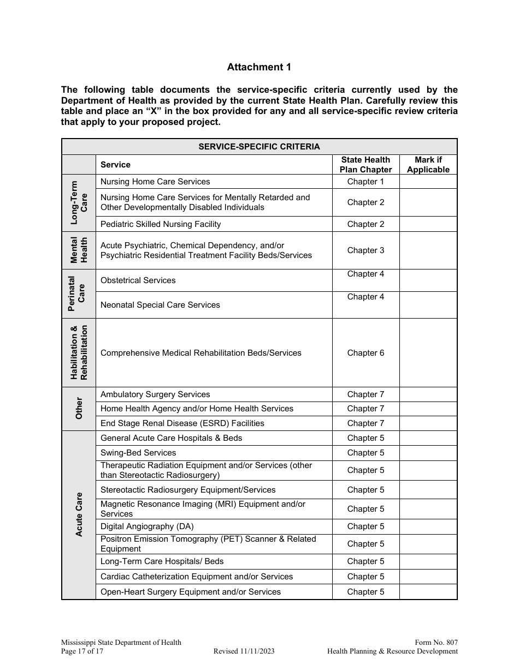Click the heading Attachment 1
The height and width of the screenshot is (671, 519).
click(259, 67)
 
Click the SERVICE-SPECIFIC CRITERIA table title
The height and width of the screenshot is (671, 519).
click(259, 147)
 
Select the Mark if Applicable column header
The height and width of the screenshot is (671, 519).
click(428, 165)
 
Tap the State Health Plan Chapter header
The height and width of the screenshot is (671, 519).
click(365, 165)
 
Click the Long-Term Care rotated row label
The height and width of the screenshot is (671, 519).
click(79, 203)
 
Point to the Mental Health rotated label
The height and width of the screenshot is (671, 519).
click(79, 250)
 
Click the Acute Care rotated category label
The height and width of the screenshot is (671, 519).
click(79, 515)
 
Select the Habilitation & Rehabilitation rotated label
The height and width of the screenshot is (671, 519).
click(79, 352)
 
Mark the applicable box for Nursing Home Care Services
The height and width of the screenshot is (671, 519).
click(428, 182)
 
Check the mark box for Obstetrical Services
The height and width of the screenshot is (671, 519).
click(428, 280)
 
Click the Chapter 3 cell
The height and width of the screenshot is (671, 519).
click(365, 250)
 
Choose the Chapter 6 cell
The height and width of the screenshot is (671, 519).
click(365, 353)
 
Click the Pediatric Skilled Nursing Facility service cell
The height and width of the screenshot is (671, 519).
click(161, 224)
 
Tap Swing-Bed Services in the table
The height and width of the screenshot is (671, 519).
click(138, 453)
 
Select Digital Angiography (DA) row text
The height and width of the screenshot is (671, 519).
click(147, 526)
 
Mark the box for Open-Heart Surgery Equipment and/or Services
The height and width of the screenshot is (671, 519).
click(428, 592)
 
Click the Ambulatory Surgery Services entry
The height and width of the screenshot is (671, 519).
click(155, 394)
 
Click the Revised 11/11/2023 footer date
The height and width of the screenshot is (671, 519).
click(244, 651)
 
